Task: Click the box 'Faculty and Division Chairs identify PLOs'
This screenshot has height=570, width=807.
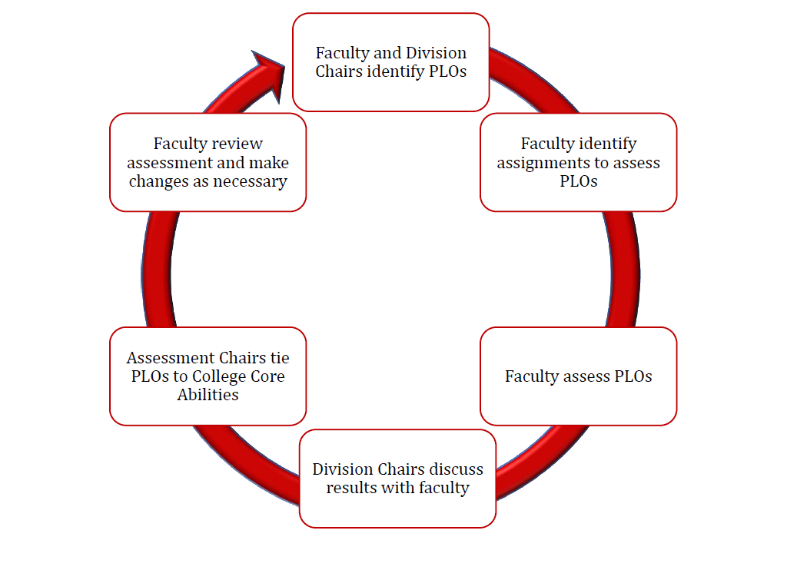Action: [390, 62]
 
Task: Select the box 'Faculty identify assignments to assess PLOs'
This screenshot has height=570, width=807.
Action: [578, 162]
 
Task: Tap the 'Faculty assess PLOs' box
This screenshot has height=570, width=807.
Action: [578, 376]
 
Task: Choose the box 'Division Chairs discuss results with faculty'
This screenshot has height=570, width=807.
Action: [397, 478]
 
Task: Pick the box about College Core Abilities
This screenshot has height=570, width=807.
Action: [208, 376]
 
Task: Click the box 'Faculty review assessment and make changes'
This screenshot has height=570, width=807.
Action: [208, 162]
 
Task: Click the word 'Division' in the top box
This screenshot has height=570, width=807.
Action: [437, 53]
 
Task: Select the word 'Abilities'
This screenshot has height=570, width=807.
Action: [208, 395]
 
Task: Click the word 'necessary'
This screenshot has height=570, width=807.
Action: [251, 182]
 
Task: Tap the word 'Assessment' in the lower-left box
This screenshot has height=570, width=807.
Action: [171, 358]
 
